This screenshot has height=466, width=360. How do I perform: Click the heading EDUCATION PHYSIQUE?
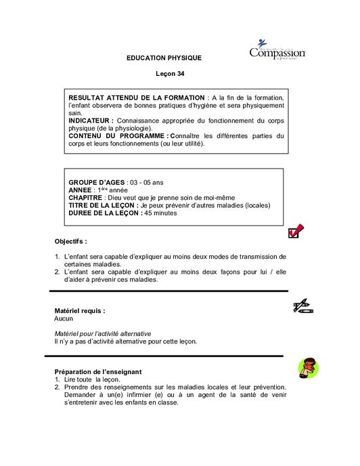tap(164, 58)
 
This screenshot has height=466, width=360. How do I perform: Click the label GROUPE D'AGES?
tap(97, 183)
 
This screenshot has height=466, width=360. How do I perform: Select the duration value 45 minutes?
tap(160, 213)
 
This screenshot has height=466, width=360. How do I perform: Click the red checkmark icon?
tap(296, 232)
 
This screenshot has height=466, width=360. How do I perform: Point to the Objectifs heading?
tap(70, 241)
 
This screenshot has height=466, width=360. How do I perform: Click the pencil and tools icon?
tap(302, 307)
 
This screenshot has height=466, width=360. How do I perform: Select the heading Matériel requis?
tap(79, 310)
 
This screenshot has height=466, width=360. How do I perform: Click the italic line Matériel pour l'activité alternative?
tap(102, 334)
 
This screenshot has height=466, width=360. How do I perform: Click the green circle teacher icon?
tap(308, 368)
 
